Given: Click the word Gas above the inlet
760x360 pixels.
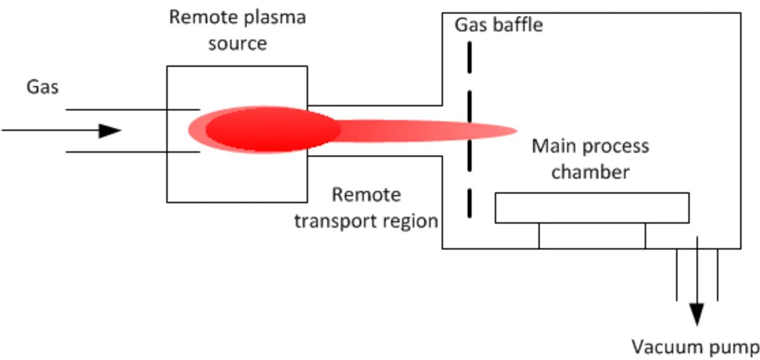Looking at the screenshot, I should pos(43,87).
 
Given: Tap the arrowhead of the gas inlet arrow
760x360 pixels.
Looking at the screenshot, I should pos(110,131).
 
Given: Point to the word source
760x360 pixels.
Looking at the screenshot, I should pos(237,43).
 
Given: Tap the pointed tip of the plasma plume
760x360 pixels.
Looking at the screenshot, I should pos(514,131).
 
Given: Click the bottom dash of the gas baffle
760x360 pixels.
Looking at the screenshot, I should pos(470,203).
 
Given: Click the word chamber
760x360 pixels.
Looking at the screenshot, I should pos(590,172).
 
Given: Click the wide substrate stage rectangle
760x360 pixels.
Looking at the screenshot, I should pos(592,208).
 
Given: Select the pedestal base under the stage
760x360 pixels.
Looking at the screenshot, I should pos(592,236).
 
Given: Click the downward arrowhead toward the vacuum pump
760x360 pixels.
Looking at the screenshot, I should pos(697,314).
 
